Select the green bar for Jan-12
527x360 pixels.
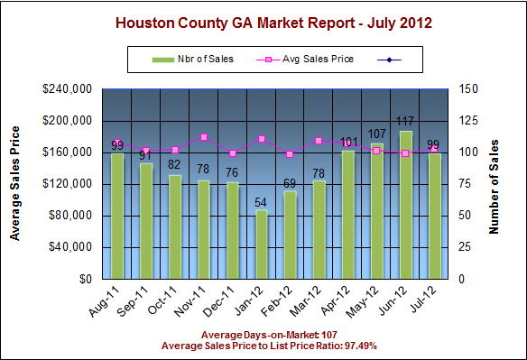coord(262,245)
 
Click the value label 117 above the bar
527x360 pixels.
coord(406,122)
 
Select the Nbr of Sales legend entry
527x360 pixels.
coord(193,60)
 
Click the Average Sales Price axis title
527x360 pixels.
coord(16,184)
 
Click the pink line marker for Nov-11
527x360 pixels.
coord(204,137)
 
